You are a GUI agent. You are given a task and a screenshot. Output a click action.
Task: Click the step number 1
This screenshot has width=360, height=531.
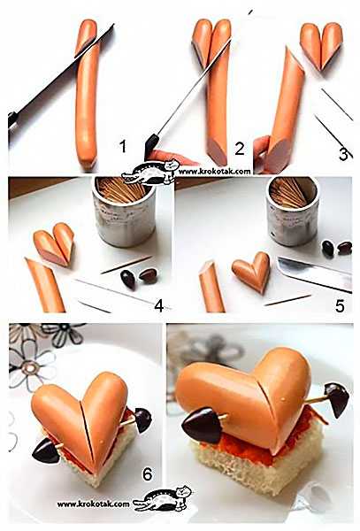point(122,146)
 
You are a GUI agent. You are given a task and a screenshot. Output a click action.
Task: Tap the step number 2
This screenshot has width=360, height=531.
point(240,149)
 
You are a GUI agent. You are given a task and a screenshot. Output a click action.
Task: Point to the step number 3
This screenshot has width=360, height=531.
point(343,154)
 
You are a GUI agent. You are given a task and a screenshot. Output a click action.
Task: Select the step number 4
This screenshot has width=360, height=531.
point(159,305)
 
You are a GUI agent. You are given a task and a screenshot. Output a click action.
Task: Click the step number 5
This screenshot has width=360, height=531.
point(340,306)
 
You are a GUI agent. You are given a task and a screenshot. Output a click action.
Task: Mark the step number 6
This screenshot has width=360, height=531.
point(147,474)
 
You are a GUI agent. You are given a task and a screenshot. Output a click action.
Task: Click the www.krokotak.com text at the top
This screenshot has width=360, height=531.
point(215,172)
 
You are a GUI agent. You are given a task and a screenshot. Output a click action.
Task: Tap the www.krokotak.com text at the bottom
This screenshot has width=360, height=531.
point(94,504)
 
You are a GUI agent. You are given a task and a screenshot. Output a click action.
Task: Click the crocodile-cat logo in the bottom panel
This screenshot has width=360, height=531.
point(163,498)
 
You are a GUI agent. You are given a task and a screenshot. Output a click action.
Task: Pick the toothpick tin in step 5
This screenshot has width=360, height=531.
point(292,211)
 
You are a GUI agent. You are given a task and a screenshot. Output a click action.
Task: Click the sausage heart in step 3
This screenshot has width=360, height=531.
point(321,46)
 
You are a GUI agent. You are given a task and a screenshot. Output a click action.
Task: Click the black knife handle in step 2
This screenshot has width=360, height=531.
point(150,146)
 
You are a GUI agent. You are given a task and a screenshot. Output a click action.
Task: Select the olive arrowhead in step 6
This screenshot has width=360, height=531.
point(46,450)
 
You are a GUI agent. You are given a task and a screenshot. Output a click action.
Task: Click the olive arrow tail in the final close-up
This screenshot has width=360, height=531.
point(336,399)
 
